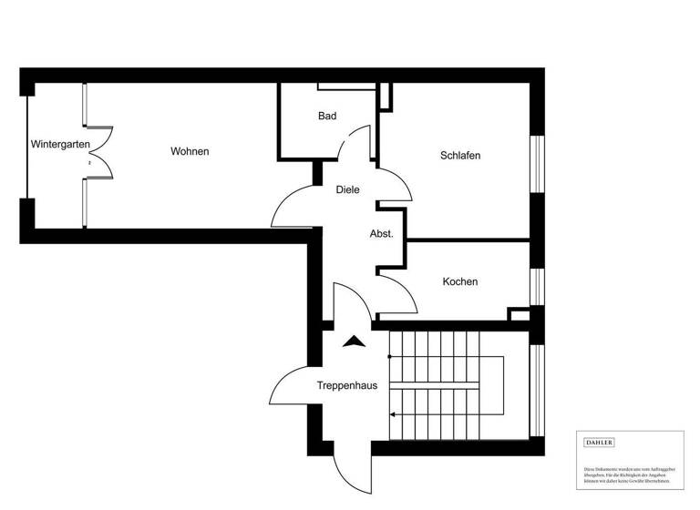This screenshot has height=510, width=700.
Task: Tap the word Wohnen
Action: click(190, 151)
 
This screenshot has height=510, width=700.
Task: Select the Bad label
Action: click(327, 116)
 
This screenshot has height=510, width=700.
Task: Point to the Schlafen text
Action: click(459, 156)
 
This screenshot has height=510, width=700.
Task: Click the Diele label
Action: click(347, 189)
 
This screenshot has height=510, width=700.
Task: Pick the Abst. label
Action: click(381, 234)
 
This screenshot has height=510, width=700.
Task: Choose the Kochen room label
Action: click(459, 281)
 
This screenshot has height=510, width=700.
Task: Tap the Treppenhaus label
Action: click(346, 385)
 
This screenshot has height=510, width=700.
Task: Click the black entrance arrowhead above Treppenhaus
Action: click(354, 342)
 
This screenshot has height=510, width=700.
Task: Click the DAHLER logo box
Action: click(599, 443)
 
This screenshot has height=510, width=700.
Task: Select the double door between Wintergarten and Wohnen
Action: click(97, 152)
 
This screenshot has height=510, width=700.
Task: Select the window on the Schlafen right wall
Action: click(537, 164)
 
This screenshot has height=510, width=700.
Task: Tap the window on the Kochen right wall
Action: click(537, 286)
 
